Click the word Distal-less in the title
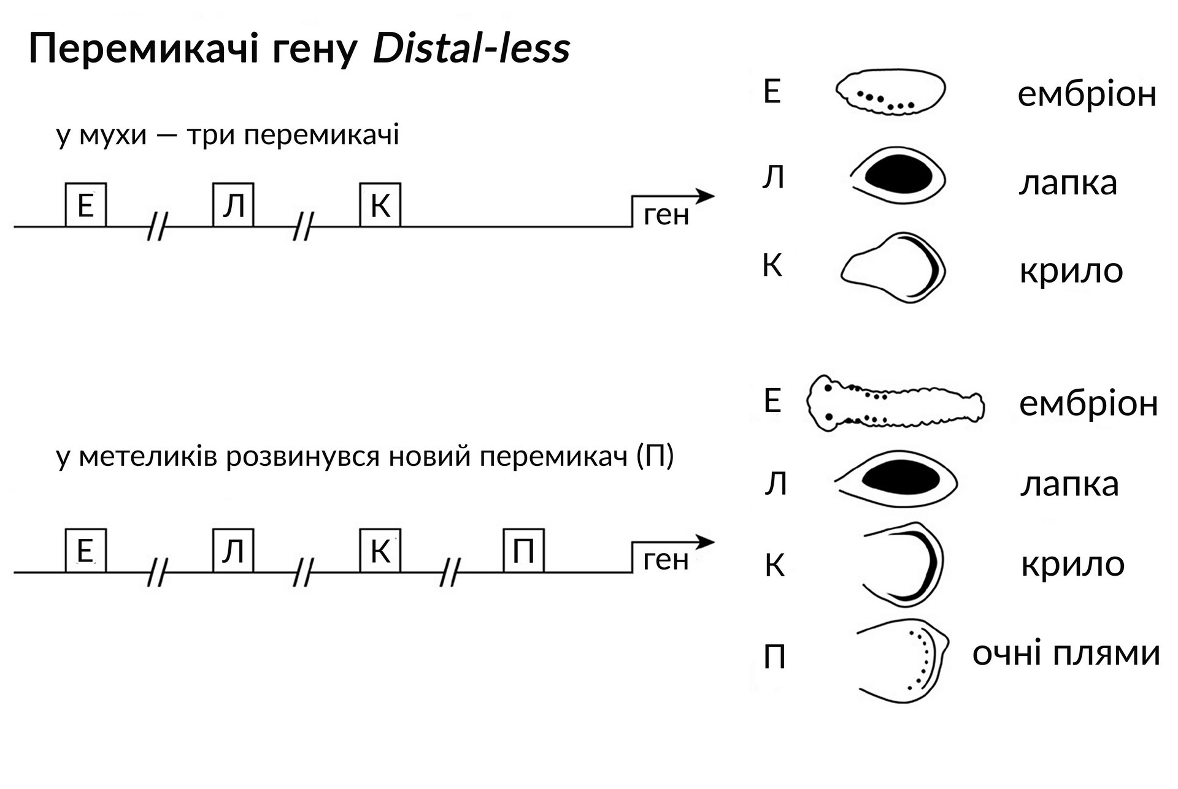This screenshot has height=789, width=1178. coord(471,49)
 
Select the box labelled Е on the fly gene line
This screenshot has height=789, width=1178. coord(86,205)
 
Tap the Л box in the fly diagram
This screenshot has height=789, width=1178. coord(233,205)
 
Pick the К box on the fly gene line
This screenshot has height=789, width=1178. coord(380,205)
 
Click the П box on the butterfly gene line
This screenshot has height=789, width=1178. coord(523,551)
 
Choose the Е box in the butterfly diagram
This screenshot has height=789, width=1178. coord(86,551)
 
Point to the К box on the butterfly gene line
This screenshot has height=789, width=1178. coord(380,551)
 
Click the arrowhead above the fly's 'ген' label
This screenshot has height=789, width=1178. coord(706,196)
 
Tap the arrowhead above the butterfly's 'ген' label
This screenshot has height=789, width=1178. coord(706,542)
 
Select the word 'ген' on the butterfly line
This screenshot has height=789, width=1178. coord(666,560)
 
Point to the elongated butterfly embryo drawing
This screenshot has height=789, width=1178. coord(895,404)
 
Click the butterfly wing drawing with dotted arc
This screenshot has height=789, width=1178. coord(902,660)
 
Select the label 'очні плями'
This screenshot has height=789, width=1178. coord(1066,653)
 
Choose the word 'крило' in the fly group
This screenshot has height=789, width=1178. coord(1071,270)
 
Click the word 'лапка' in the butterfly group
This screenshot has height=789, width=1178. coord(1069,484)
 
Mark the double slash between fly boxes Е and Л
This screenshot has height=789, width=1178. coord(158,226)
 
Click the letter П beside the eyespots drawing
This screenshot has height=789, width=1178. coord(774,658)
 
